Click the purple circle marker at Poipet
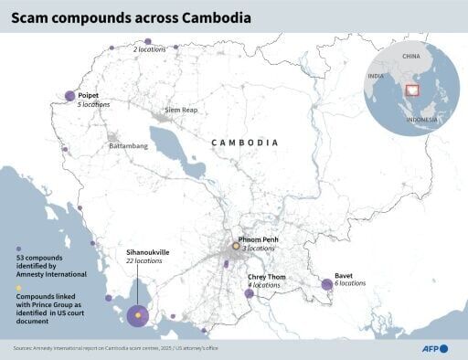(x=70, y=96)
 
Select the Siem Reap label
(x=180, y=110)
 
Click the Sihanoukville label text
(x=147, y=251)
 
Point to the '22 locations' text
(x=144, y=261)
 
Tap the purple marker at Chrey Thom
(x=250, y=292)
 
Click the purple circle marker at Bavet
(x=327, y=285)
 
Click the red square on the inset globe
(x=411, y=90)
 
